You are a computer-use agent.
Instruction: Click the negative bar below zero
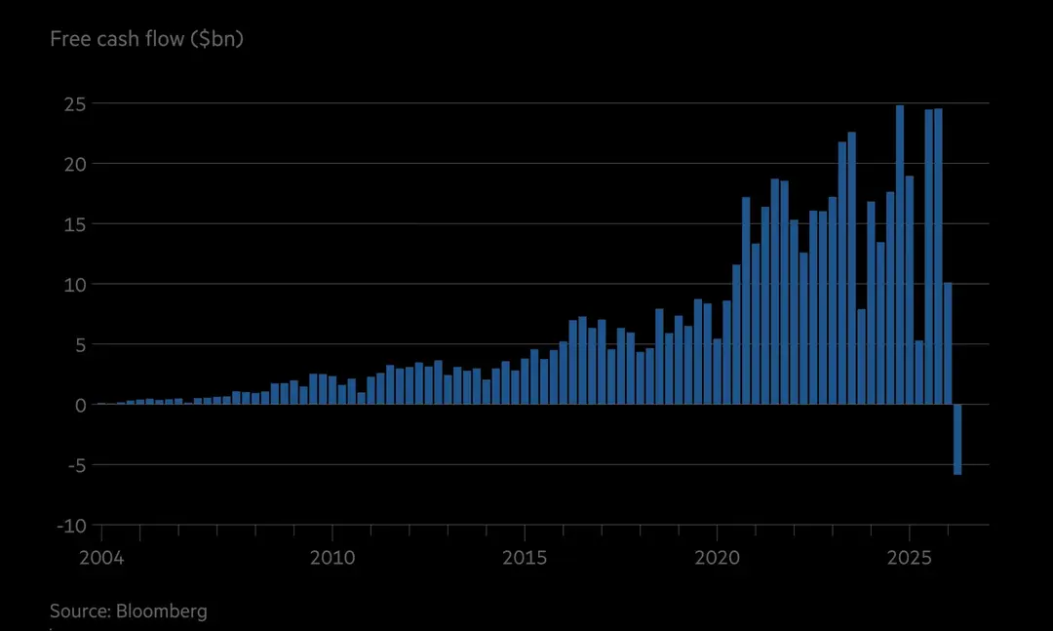click(x=957, y=440)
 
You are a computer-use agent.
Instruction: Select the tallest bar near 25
click(x=900, y=255)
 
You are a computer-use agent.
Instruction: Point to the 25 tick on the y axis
click(x=74, y=104)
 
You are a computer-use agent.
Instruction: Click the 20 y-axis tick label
click(x=74, y=164)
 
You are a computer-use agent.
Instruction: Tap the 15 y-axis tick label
click(x=75, y=224)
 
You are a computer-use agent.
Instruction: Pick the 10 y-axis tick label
click(x=75, y=284)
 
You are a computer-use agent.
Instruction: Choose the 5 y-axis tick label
click(x=81, y=344)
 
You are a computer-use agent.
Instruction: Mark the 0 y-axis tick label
click(x=81, y=405)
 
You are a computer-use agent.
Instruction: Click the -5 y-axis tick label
click(x=77, y=465)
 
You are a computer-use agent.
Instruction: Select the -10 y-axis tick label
click(x=72, y=526)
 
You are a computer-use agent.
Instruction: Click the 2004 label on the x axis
click(x=102, y=558)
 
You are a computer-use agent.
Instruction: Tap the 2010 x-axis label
click(x=332, y=558)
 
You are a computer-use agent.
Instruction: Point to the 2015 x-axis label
click(x=525, y=558)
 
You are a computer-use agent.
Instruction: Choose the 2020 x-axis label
click(x=718, y=558)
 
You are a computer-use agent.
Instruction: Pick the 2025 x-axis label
click(x=910, y=558)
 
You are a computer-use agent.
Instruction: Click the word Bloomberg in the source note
click(x=162, y=611)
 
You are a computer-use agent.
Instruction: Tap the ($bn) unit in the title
click(x=216, y=39)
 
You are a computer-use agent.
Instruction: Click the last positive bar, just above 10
click(x=948, y=343)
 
